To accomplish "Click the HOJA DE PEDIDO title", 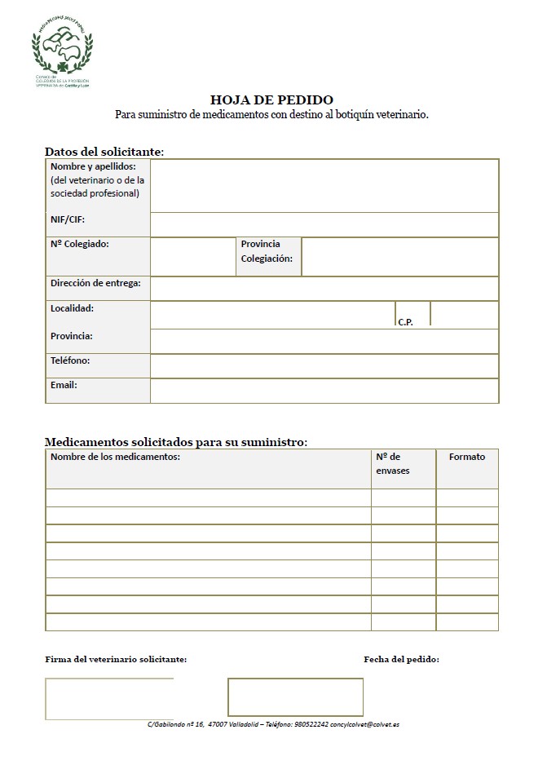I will [271, 100].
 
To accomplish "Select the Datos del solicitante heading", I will [104, 152].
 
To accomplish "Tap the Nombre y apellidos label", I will [93, 166].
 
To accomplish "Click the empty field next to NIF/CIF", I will [324, 224].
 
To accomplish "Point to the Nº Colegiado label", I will [80, 244].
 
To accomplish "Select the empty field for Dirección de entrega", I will [324, 288].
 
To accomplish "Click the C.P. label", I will [406, 321].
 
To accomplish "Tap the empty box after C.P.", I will [463, 313].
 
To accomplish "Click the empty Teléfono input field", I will [324, 365].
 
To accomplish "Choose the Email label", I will [64, 384].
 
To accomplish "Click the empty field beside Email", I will [324, 391].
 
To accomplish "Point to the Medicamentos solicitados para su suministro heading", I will [176, 442].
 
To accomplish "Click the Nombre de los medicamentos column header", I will [115, 457].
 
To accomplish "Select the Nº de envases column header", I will [394, 463].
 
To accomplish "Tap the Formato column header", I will [467, 457].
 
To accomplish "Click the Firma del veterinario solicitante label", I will [116, 659].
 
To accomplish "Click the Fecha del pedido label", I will [401, 659].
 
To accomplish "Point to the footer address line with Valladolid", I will [273, 724].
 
